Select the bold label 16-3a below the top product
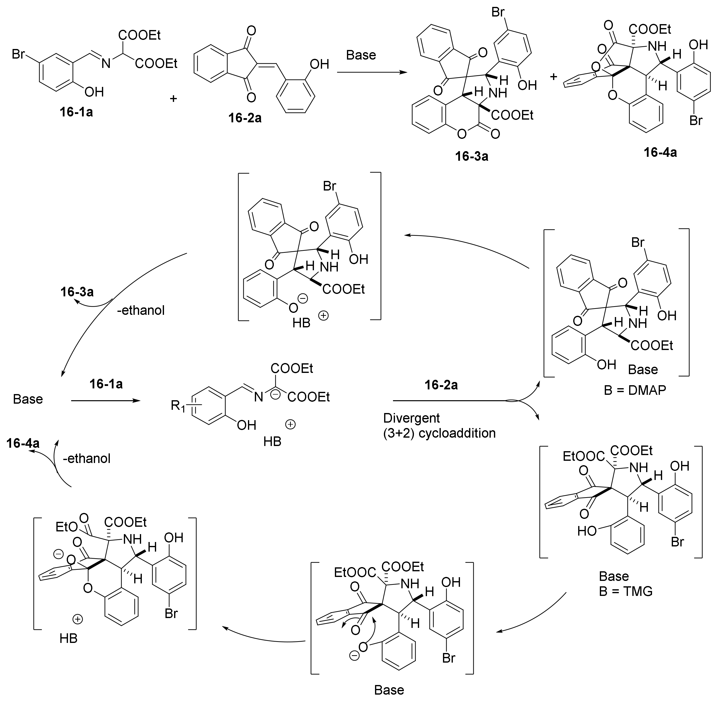click(x=471, y=156)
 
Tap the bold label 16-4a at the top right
click(x=660, y=152)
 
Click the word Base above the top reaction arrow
click(x=361, y=55)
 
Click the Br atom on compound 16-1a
click(x=18, y=54)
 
